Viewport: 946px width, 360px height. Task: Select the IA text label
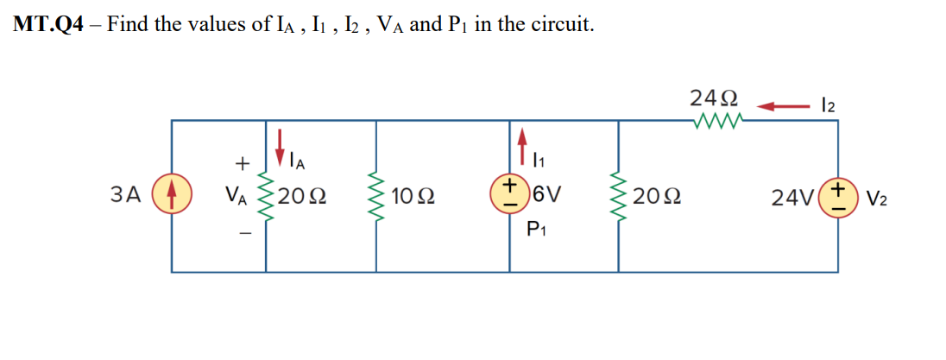(297, 161)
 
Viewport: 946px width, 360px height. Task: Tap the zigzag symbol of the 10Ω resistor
(376, 196)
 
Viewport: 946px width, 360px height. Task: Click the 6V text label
(547, 196)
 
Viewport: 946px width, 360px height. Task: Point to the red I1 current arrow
(522, 142)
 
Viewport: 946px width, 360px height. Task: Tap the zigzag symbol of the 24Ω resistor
(713, 122)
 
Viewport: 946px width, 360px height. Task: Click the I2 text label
(830, 105)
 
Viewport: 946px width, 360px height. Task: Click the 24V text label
(793, 197)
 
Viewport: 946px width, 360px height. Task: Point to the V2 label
(877, 197)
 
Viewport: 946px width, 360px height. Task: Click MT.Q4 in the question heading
(48, 25)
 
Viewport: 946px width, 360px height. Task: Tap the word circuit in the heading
(562, 25)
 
